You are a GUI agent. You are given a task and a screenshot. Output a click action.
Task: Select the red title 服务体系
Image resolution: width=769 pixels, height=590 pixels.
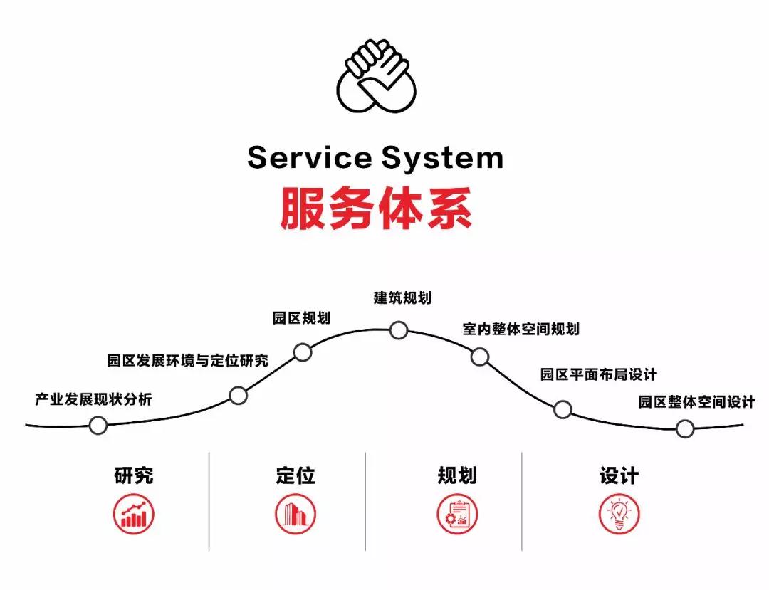(x=376, y=208)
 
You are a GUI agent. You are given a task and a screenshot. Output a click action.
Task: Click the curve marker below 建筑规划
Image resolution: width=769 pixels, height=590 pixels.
(x=399, y=330)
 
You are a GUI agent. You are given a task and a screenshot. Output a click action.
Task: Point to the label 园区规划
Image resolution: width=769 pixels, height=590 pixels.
(x=302, y=317)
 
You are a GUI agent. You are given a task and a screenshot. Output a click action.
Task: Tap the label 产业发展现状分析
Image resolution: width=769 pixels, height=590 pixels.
(x=93, y=399)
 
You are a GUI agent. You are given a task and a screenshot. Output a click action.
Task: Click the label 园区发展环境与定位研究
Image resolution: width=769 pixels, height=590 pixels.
(x=187, y=361)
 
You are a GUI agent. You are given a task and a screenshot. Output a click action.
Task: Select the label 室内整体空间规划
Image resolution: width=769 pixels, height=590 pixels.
(x=520, y=329)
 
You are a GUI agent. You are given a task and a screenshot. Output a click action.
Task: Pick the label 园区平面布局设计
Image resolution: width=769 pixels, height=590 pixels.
(x=598, y=374)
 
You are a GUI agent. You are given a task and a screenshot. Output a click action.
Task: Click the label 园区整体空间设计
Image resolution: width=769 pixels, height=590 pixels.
(x=696, y=402)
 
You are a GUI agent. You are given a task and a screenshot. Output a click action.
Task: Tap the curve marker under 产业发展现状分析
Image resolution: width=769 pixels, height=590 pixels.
(x=98, y=426)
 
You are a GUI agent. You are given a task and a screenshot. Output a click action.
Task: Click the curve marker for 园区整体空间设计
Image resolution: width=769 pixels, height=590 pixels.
(x=685, y=428)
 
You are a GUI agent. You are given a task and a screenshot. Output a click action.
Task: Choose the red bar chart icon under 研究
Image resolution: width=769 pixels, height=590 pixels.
(x=133, y=514)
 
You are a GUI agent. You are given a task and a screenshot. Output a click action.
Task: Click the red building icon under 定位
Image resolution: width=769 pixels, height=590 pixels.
(x=295, y=514)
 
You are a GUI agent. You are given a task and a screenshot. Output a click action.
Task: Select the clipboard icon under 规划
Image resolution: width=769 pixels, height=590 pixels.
(x=457, y=515)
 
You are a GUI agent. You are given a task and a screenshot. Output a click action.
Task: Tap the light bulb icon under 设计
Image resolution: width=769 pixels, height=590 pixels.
(x=619, y=514)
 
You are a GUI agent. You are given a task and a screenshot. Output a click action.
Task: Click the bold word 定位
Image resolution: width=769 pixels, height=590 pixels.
(x=295, y=475)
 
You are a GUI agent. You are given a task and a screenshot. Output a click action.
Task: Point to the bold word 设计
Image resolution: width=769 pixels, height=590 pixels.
(x=619, y=475)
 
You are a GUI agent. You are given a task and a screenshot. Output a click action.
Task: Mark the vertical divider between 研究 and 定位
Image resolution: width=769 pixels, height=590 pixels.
(x=209, y=501)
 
